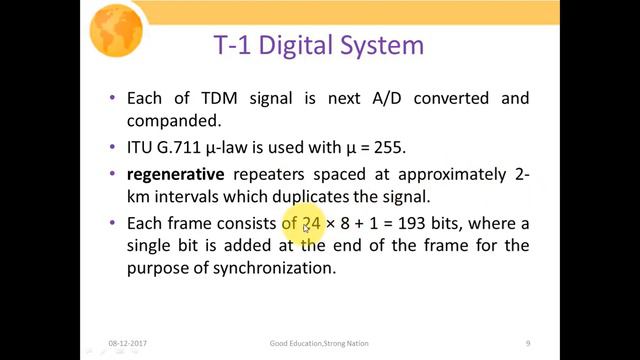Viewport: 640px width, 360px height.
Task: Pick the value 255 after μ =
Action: (x=389, y=148)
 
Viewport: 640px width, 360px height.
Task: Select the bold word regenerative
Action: (x=176, y=173)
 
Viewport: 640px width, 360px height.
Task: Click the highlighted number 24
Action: (x=310, y=222)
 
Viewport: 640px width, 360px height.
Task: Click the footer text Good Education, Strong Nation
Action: (x=319, y=343)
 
